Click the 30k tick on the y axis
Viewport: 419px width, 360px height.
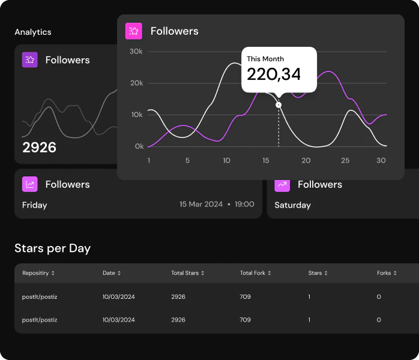[x=136, y=52]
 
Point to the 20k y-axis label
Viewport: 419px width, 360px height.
[x=136, y=83]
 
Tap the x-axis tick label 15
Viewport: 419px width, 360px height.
[x=266, y=161]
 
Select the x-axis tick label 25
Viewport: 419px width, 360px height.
[x=345, y=161]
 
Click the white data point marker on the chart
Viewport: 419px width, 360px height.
[x=279, y=105]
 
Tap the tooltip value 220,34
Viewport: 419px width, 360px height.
[x=274, y=74]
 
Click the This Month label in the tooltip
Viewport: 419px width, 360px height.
[x=265, y=59]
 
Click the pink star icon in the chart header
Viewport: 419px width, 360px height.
[x=133, y=31]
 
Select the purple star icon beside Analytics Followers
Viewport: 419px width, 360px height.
[x=30, y=60]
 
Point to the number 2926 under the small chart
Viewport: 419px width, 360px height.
[x=39, y=148]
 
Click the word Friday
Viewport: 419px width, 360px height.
[x=34, y=205]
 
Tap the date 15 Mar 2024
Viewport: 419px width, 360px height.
[x=201, y=205]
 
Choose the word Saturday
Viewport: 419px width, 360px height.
[x=292, y=205]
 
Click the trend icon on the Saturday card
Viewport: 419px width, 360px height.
[x=282, y=184]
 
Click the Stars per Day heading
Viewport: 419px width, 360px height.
[x=52, y=248]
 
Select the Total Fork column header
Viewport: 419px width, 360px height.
[x=253, y=273]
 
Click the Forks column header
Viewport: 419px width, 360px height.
[x=384, y=273]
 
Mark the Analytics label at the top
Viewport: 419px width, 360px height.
[x=33, y=32]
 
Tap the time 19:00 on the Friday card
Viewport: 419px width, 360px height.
[x=244, y=205]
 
